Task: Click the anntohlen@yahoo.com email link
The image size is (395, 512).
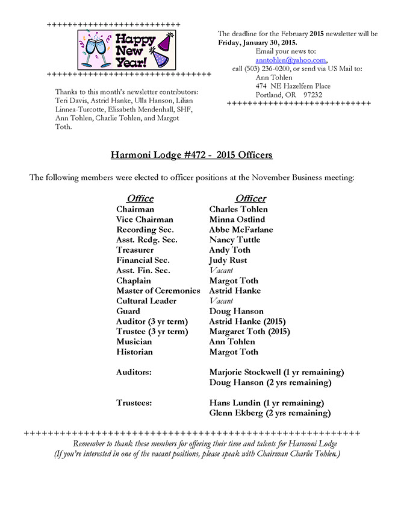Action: [290, 60]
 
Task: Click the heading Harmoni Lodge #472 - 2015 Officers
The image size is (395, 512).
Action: [191, 155]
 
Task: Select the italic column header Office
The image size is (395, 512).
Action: [140, 198]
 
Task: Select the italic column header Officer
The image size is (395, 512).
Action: [250, 198]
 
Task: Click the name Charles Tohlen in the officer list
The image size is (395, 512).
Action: [238, 209]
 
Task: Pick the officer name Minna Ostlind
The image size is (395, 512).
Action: [237, 220]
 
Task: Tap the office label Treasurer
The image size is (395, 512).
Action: [135, 250]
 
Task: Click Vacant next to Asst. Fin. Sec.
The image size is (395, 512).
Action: [221, 271]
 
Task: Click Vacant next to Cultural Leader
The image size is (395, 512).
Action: [221, 301]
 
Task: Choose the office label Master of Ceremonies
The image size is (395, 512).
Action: [158, 291]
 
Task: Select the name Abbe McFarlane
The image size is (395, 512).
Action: [241, 230]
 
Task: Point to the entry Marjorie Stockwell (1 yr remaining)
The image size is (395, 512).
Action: [276, 372]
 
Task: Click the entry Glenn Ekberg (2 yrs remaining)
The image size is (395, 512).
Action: [270, 413]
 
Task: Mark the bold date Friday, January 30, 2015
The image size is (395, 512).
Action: [257, 42]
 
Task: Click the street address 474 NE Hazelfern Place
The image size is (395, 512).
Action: [293, 86]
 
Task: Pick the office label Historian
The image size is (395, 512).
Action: [134, 352]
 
